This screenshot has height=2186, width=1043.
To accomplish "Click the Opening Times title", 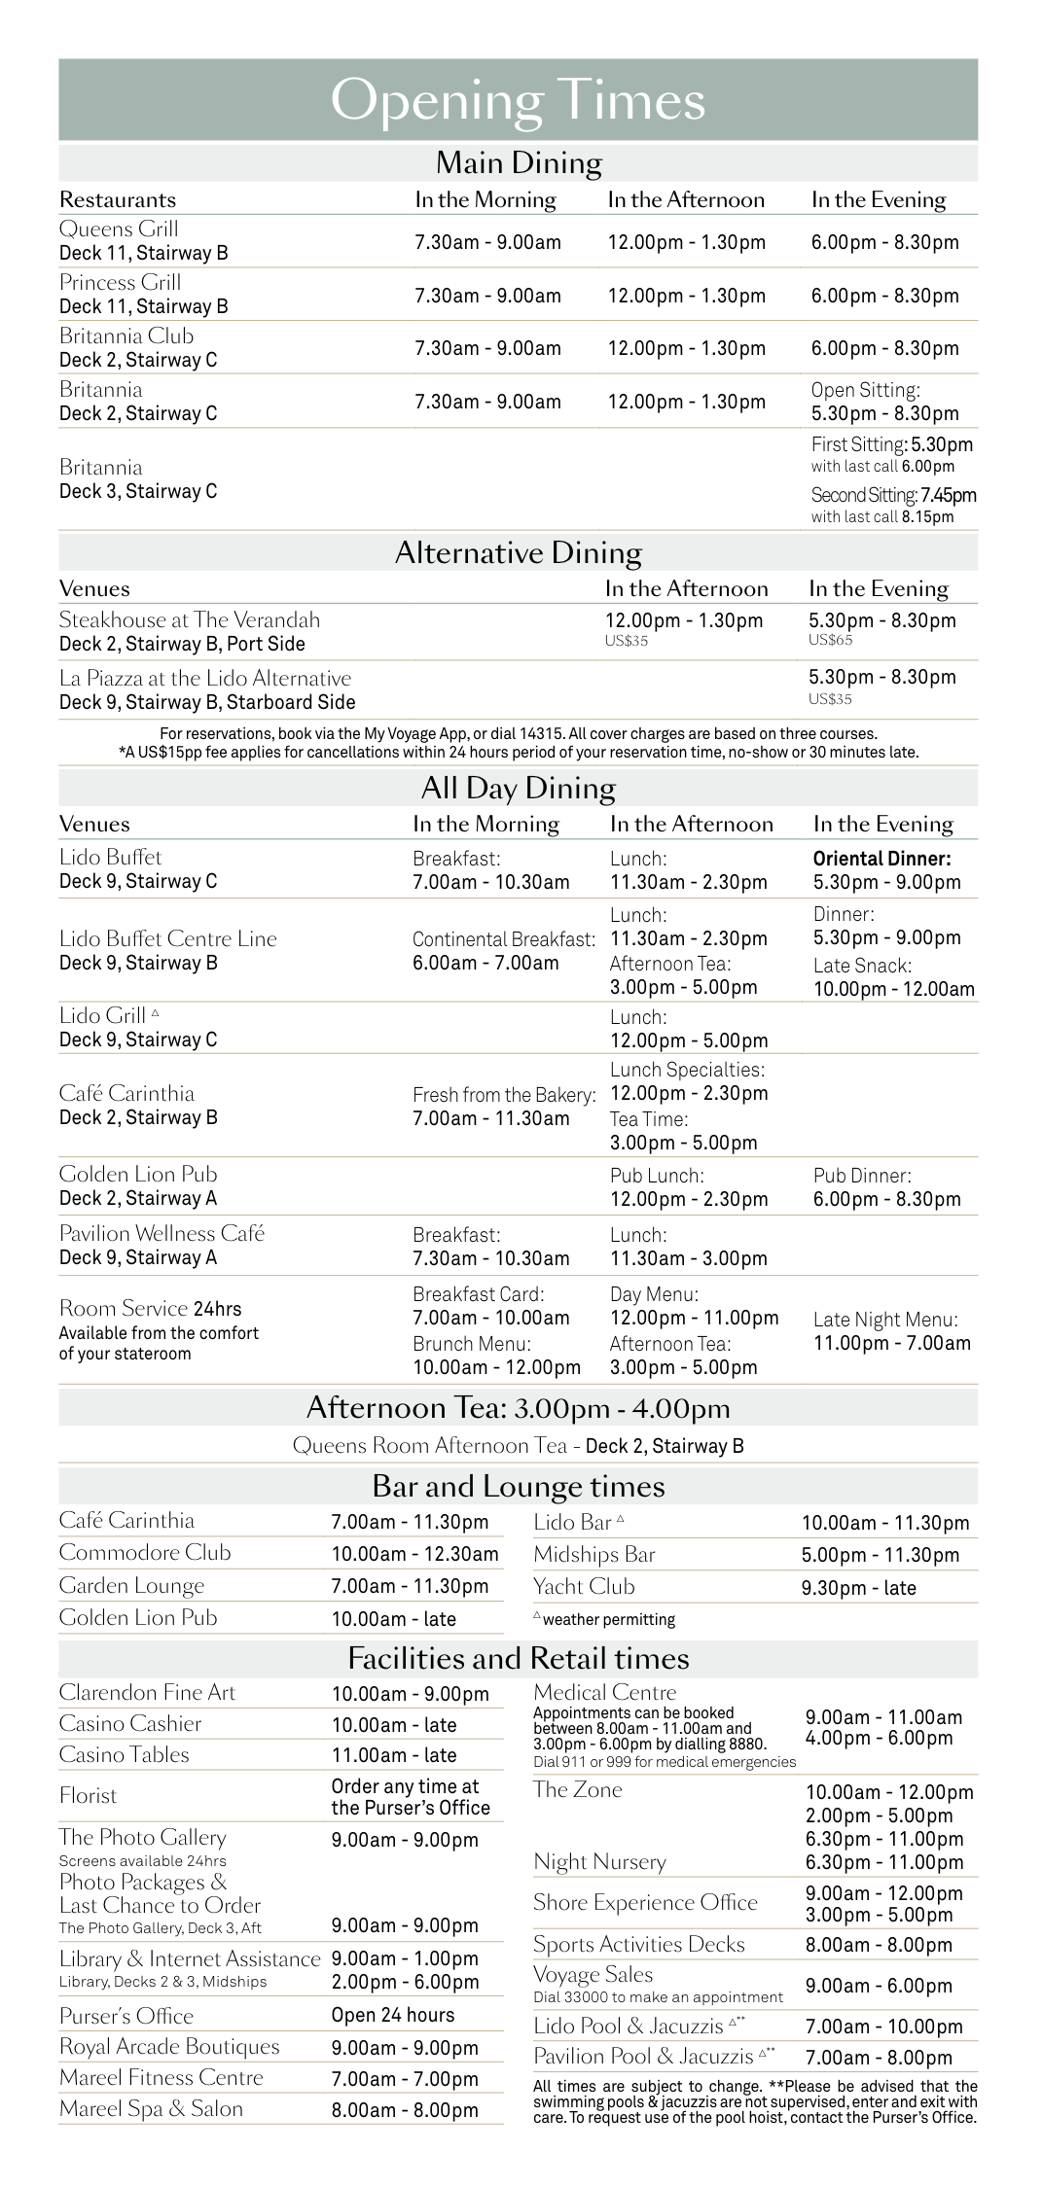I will point(518,101).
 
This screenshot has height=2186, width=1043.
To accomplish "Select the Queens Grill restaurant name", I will point(119,229).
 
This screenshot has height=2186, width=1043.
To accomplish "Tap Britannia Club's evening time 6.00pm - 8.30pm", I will point(884,348).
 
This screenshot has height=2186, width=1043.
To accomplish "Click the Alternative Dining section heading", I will point(518,552).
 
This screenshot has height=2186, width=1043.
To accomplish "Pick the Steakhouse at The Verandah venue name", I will point(189,619).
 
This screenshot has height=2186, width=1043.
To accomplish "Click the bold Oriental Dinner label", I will point(881,859).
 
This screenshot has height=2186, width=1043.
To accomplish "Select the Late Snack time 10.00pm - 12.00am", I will point(893,989).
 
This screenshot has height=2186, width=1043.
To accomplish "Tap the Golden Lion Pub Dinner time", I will point(886,1199).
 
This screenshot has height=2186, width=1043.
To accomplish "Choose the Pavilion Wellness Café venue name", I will point(162,1233).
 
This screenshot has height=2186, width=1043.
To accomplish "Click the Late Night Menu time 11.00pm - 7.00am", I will point(891,1343).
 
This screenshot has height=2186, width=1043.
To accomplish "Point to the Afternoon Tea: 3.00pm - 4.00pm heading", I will point(518,1408).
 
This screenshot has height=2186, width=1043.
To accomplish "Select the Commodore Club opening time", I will point(414,1554).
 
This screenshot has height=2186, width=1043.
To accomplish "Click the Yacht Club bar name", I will point(584,1586).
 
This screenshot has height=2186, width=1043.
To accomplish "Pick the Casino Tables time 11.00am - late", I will point(393,1755).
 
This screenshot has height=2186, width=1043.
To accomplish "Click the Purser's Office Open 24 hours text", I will point(392,2015).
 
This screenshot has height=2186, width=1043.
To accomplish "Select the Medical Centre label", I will point(604,1692).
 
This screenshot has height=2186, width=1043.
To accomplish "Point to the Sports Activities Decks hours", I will point(878,1945).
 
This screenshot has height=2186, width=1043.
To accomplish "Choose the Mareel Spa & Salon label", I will point(151,2108).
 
